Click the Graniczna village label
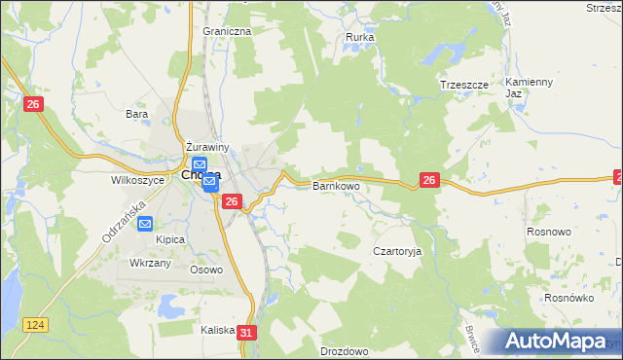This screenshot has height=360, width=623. tap(227, 31)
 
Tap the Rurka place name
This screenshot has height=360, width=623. tap(360, 38)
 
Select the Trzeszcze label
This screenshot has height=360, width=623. tap(463, 85)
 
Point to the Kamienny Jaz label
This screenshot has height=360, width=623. tap(529, 88)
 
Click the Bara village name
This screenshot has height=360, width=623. tap(136, 114)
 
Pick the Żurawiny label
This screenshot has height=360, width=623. tap(207, 147)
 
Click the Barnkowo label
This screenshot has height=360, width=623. tap(336, 185)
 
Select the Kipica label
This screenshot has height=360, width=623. tap(145, 239)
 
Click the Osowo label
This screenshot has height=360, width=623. tap(206, 270)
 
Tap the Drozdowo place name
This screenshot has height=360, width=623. tap(343, 351)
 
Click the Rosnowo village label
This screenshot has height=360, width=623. tap(548, 233)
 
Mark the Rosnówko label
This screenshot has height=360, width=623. tap(569, 299)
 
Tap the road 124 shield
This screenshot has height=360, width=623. tap(37, 324)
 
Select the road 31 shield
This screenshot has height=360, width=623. tap(246, 333)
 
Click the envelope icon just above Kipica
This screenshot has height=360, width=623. tap(145, 223)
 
